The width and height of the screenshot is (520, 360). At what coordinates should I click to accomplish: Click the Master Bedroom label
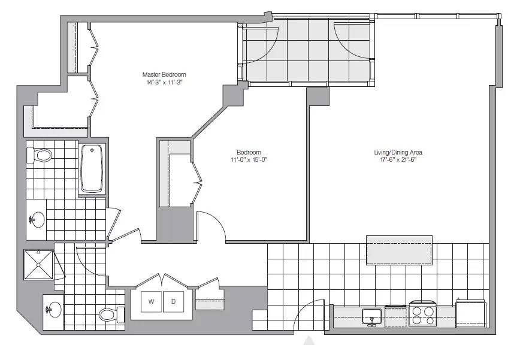(x=164, y=74)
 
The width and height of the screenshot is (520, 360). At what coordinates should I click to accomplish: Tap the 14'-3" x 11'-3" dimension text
(x=165, y=82)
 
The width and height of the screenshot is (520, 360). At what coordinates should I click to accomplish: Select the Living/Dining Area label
(x=398, y=152)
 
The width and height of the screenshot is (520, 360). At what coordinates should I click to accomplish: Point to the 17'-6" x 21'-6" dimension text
(x=398, y=159)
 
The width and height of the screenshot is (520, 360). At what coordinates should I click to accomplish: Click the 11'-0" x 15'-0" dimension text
(x=249, y=159)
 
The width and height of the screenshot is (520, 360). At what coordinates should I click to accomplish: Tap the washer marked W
(x=152, y=302)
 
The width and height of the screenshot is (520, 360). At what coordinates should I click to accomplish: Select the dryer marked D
(x=174, y=302)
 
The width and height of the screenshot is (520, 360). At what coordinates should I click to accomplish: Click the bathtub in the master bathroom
(x=92, y=168)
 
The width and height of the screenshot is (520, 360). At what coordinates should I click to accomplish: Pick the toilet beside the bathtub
(x=40, y=155)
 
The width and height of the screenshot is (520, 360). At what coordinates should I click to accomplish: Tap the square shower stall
(x=38, y=265)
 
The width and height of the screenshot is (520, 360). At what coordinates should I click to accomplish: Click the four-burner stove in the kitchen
(x=423, y=314)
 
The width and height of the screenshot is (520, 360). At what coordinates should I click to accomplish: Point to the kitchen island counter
(x=399, y=250)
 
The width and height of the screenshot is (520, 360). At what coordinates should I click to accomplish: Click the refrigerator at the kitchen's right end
(x=471, y=314)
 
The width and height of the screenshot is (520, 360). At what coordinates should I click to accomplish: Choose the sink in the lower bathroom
(x=53, y=310)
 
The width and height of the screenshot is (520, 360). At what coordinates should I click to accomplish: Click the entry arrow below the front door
(x=309, y=340)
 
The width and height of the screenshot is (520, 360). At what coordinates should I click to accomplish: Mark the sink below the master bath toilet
(x=37, y=219)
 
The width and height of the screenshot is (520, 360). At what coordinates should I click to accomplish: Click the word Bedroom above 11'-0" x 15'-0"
(x=249, y=152)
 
